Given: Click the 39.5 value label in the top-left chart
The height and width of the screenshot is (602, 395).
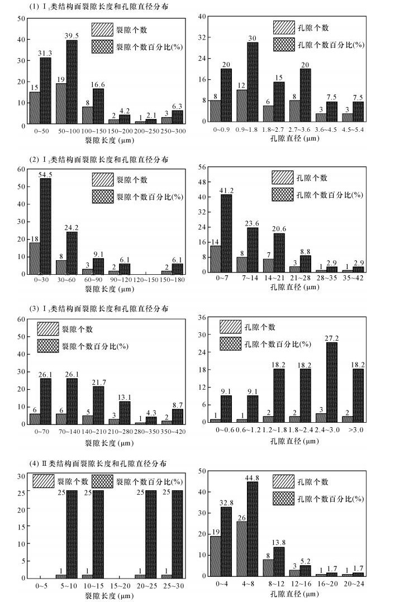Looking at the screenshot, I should click(x=72, y=36).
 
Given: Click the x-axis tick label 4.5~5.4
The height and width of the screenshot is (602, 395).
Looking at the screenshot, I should click(x=352, y=130).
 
